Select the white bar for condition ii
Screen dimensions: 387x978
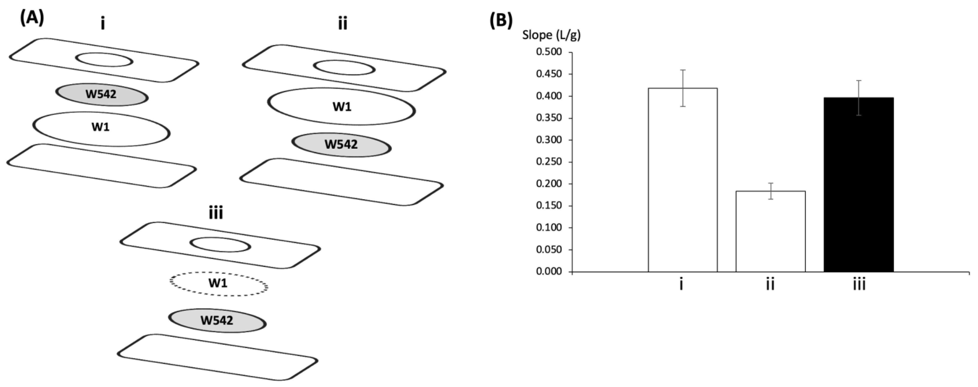770,232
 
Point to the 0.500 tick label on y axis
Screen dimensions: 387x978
549,52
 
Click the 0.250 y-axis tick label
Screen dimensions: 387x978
549,162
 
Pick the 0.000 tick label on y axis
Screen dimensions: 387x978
549,271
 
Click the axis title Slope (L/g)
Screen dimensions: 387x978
551,35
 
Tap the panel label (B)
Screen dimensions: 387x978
501,20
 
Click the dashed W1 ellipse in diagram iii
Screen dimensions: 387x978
219,284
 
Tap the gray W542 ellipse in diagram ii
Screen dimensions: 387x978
341,144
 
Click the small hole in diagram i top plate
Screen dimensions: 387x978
104,60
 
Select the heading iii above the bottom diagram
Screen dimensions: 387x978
216,213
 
